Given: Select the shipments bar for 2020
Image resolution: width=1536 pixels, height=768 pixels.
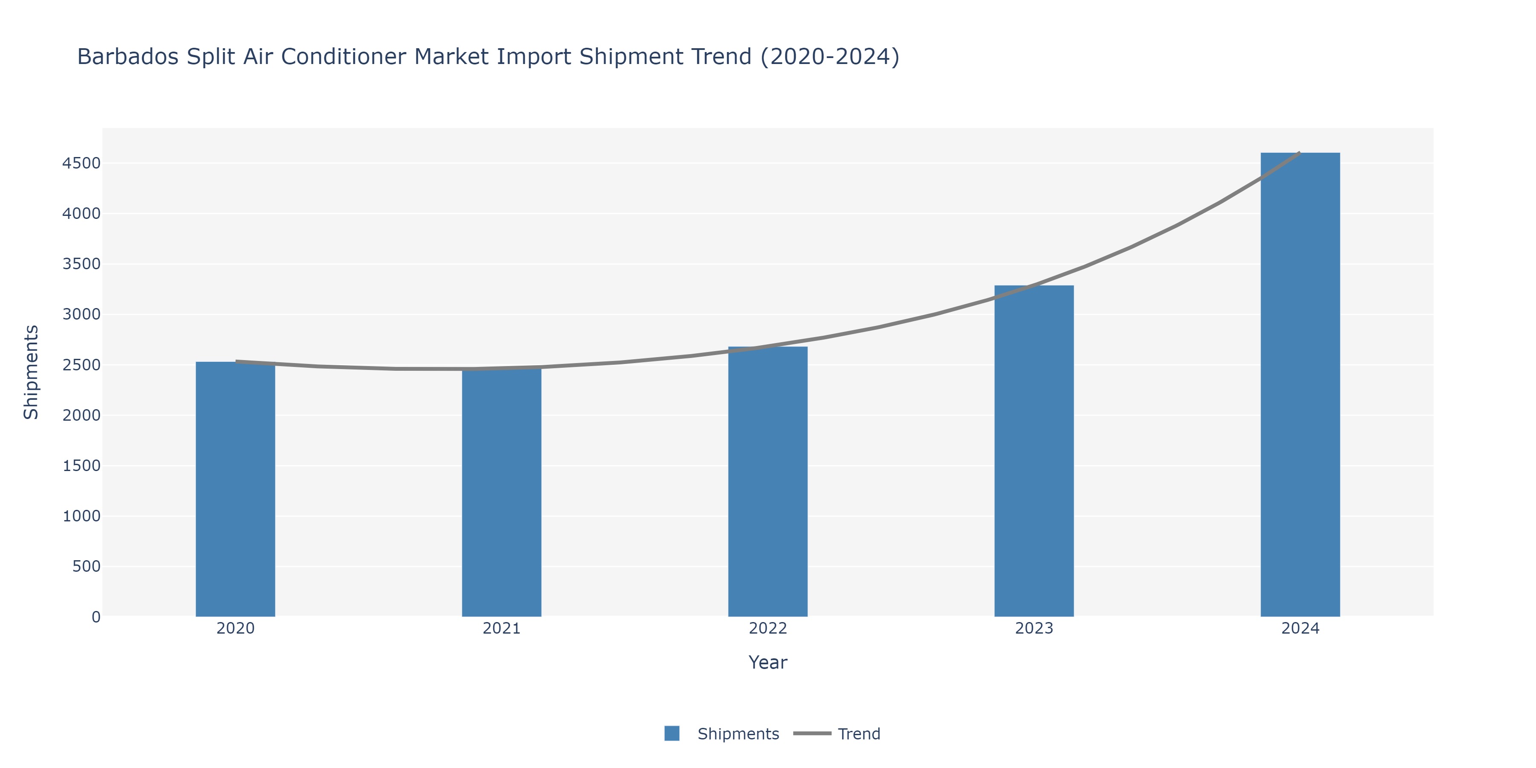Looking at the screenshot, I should click(x=236, y=489).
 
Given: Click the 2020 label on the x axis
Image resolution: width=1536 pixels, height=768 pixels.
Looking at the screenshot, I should click(x=236, y=628).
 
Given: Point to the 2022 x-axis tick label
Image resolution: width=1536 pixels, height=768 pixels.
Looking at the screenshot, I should click(x=768, y=628).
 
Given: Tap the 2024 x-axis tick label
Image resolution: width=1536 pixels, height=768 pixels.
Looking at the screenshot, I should click(x=1300, y=628).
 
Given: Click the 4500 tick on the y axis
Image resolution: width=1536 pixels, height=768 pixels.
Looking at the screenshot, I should click(x=81, y=163).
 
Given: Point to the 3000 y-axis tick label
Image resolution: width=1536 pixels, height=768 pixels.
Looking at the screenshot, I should click(x=81, y=314).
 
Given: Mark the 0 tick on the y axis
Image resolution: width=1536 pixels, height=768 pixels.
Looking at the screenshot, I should click(x=96, y=617).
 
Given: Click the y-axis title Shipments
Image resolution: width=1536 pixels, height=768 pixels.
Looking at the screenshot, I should click(x=31, y=372).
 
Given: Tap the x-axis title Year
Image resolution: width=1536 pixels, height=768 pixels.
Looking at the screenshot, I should click(x=768, y=663).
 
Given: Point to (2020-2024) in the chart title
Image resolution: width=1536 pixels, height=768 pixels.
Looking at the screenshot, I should click(x=830, y=57).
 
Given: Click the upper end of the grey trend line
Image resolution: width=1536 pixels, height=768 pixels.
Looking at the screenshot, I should click(x=1299, y=153).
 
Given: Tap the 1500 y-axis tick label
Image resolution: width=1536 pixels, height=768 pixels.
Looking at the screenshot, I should click(x=81, y=465).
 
